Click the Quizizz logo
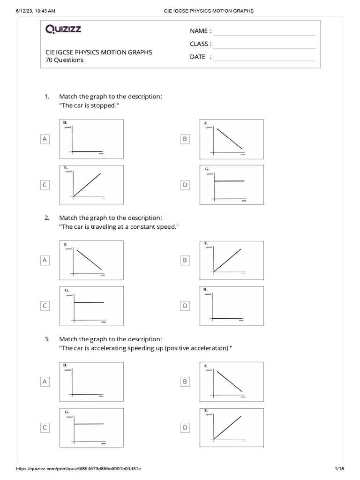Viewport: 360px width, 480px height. pyautogui.click(x=63, y=30)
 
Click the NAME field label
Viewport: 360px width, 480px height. pyautogui.click(x=200, y=31)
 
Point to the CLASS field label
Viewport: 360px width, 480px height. pyautogui.click(x=200, y=44)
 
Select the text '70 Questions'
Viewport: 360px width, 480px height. pyautogui.click(x=64, y=60)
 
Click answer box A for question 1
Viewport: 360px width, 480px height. pyautogui.click(x=45, y=139)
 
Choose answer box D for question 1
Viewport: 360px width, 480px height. pyautogui.click(x=185, y=185)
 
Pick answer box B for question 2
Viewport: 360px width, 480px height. pyautogui.click(x=185, y=260)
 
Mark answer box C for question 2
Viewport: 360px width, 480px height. pyautogui.click(x=45, y=306)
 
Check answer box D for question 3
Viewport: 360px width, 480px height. pyautogui.click(x=185, y=427)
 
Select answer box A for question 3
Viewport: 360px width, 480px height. pyautogui.click(x=45, y=382)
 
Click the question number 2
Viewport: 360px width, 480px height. pyautogui.click(x=47, y=218)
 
